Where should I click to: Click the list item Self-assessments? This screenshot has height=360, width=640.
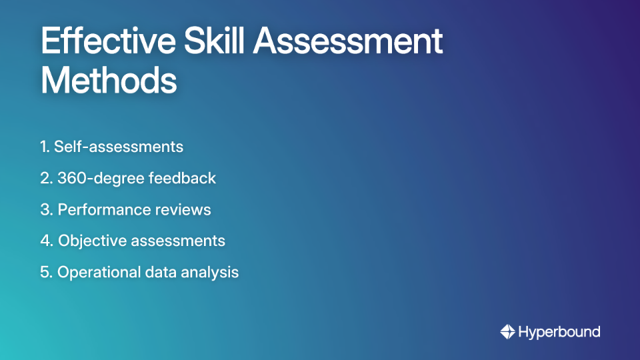pyautogui.click(x=119, y=147)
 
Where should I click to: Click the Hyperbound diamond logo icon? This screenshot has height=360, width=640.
pyautogui.click(x=507, y=331)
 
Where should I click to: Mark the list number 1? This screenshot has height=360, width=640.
pyautogui.click(x=44, y=147)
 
